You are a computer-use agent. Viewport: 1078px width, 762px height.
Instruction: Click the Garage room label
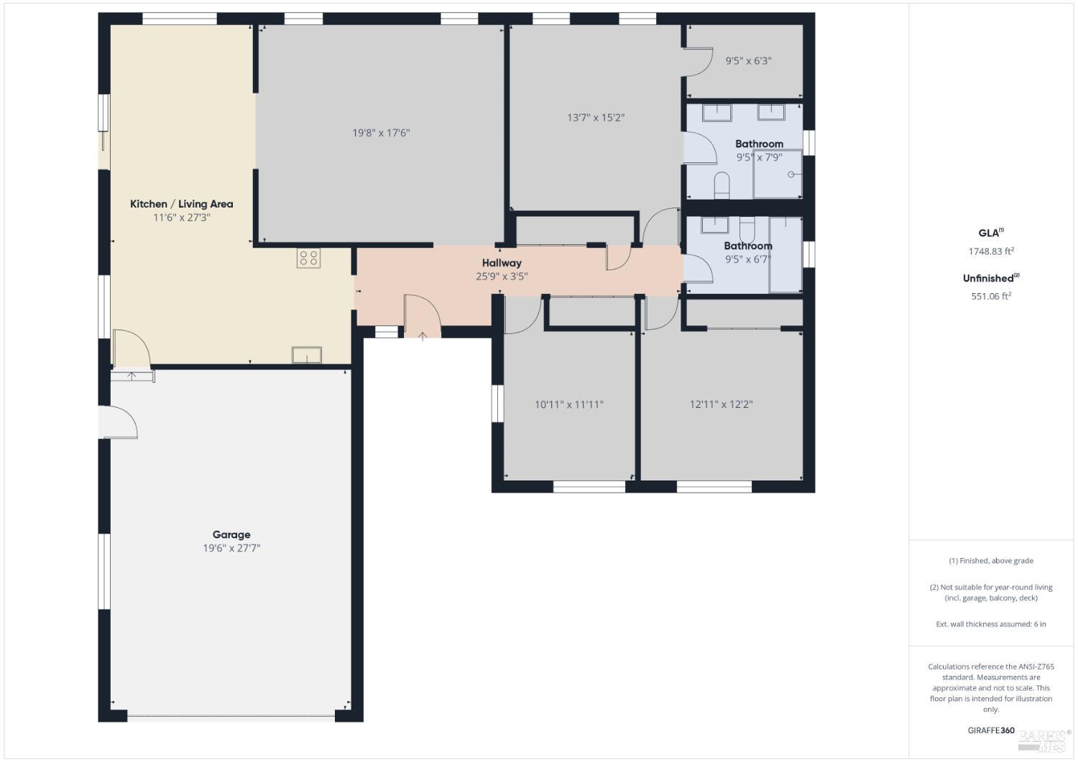click(x=231, y=534)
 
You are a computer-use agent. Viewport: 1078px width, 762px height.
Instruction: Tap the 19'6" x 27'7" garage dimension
click(x=231, y=548)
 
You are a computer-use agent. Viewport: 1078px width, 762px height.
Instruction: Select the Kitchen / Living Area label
click(x=181, y=204)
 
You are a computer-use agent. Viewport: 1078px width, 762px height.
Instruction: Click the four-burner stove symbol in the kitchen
click(x=308, y=258)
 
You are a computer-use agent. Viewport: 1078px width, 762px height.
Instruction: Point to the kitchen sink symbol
click(x=307, y=355)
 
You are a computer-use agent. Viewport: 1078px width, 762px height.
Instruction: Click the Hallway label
click(x=502, y=263)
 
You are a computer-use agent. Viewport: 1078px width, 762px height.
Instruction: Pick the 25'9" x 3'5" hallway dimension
click(x=502, y=276)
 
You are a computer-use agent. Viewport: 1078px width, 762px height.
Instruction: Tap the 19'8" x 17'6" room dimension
click(x=381, y=133)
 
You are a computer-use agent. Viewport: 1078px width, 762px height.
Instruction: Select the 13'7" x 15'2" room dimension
click(x=596, y=118)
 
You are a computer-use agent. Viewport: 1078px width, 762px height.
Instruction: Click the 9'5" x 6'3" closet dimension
click(x=748, y=61)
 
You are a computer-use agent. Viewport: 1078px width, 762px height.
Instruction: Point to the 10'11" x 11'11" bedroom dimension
click(x=569, y=404)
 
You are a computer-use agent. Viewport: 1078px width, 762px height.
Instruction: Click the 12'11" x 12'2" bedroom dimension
click(x=721, y=404)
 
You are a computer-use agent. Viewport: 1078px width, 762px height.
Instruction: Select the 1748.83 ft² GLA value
click(x=991, y=251)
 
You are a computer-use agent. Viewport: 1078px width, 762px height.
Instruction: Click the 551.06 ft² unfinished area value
click(x=991, y=296)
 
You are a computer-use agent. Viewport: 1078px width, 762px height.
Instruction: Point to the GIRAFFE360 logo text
click(x=991, y=730)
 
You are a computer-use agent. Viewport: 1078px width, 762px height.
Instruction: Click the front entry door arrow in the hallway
click(x=423, y=335)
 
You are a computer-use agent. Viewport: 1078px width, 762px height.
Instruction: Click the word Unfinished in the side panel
click(x=988, y=279)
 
